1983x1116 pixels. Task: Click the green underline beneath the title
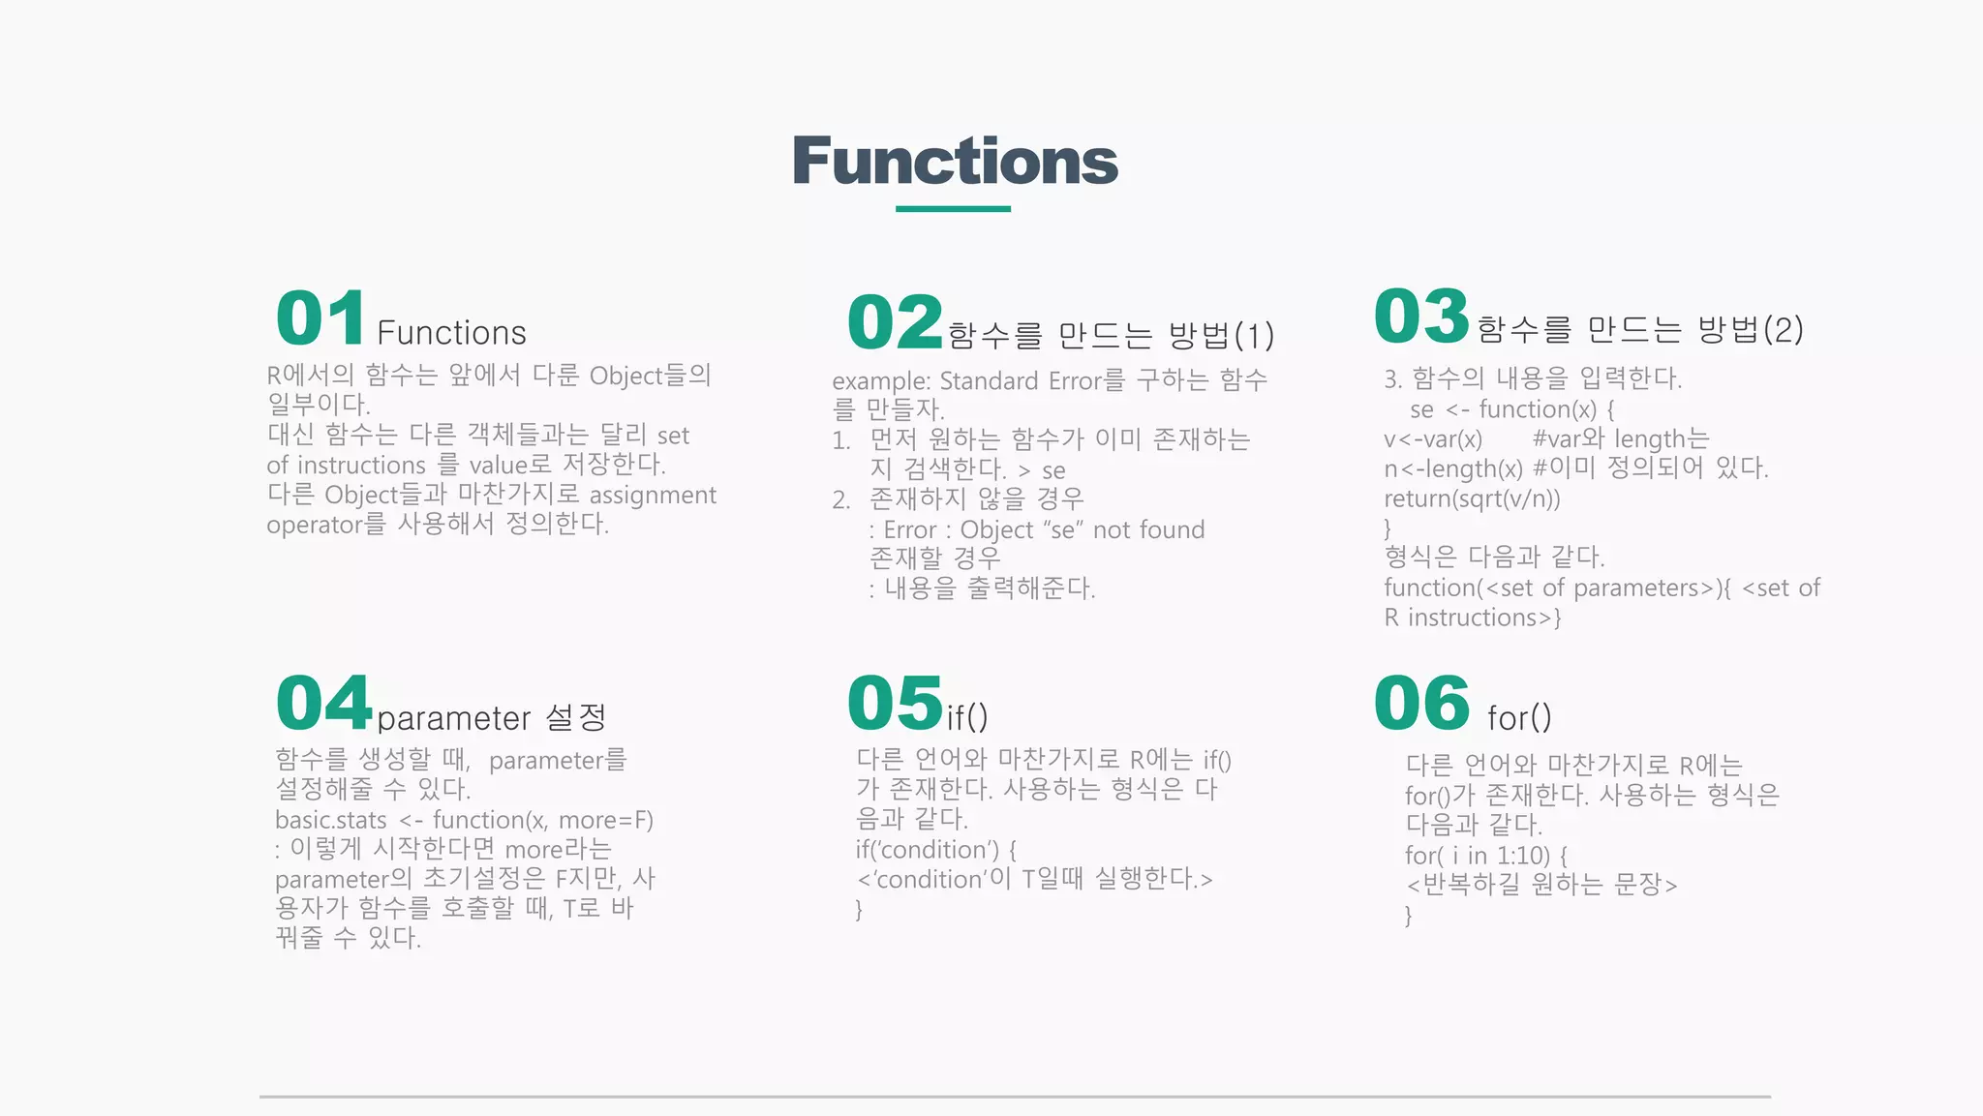click(x=953, y=208)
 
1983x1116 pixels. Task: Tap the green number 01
click(x=320, y=318)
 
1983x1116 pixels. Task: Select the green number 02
click(x=895, y=322)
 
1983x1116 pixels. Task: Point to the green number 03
click(x=1421, y=317)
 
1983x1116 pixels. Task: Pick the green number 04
click(x=323, y=703)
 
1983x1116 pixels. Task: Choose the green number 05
click(x=895, y=703)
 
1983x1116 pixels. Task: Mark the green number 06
click(x=1421, y=703)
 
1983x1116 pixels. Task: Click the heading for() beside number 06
click(x=1519, y=718)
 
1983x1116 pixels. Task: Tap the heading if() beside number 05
click(x=967, y=718)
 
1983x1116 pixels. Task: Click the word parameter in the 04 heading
click(x=453, y=719)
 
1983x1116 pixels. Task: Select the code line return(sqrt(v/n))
click(x=1472, y=498)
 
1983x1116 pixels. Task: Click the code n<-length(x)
click(x=1452, y=469)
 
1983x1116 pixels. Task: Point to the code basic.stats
click(x=330, y=821)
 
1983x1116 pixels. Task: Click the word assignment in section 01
click(x=653, y=496)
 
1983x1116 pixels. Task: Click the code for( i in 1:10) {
click(x=1485, y=856)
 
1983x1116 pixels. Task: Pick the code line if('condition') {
click(x=935, y=850)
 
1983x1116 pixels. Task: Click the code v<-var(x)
click(x=1433, y=439)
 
